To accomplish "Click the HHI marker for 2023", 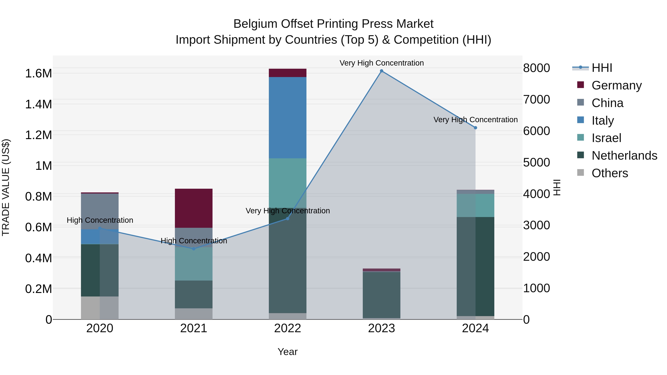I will coord(381,71).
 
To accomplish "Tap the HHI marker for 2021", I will coord(193,249).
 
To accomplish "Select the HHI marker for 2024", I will coord(475,128).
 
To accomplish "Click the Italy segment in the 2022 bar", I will coord(287,118).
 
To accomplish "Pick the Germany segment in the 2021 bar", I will coord(193,208).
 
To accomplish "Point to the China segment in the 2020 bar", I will coord(100,211).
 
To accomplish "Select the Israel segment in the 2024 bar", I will coord(475,205).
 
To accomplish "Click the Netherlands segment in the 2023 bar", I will coord(381,295).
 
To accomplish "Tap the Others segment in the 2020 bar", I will coord(100,308).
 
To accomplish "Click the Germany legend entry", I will coord(616,85).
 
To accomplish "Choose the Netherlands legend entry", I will coord(624,156).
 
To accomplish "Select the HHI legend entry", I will coord(601,68).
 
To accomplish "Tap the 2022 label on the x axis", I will coord(287,328).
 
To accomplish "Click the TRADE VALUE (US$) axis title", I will coord(6,187).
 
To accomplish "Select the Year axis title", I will coord(287,352).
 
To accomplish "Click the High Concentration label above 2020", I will coord(100,220).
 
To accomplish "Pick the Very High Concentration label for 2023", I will coord(381,63).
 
